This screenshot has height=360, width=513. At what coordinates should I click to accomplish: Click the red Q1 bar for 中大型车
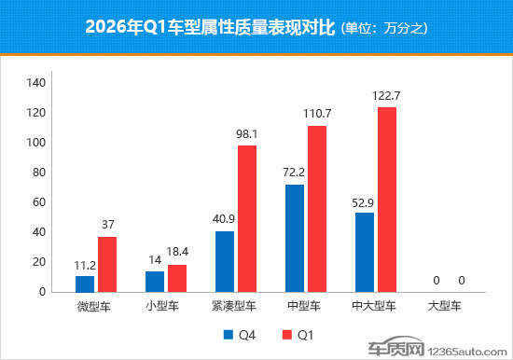(387, 200)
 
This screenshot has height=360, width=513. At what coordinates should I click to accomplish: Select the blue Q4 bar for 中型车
(295, 238)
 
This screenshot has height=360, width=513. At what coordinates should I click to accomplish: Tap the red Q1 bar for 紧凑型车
(247, 218)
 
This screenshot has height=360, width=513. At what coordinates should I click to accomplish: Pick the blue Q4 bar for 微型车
(85, 284)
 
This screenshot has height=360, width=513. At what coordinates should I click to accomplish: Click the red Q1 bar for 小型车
(177, 278)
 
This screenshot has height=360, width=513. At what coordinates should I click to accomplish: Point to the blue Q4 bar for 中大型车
(365, 252)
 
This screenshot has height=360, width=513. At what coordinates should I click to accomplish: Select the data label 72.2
(295, 173)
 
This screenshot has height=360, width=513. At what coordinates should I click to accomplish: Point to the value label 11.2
(85, 264)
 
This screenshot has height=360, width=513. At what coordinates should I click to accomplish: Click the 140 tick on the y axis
(36, 83)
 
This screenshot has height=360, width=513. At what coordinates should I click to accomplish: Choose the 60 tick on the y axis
(39, 202)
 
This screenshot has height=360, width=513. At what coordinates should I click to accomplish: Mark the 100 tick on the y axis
(36, 143)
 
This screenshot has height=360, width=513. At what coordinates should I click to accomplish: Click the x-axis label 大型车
(444, 305)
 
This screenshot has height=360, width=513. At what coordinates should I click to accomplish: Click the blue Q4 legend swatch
(227, 333)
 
